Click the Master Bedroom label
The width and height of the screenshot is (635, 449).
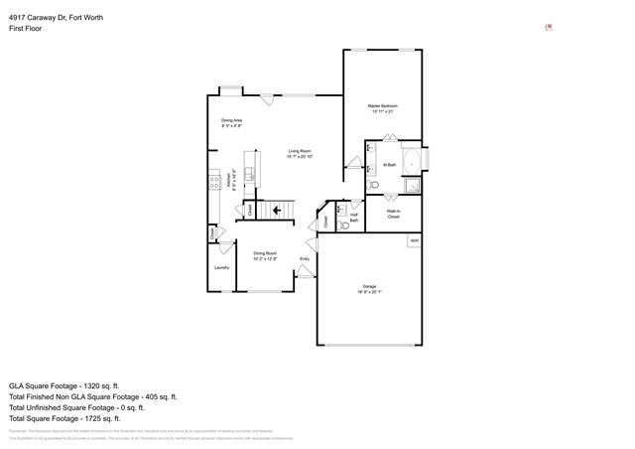click(x=383, y=108)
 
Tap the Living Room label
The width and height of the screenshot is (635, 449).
click(x=300, y=154)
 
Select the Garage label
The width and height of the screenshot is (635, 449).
click(x=368, y=289)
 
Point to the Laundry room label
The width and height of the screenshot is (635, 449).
click(x=221, y=267)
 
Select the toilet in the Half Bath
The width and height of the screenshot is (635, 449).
click(x=343, y=225)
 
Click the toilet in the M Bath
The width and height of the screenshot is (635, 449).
click(x=373, y=185)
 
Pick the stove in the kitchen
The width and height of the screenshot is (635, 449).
click(x=212, y=182)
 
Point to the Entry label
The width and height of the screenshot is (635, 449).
click(x=305, y=260)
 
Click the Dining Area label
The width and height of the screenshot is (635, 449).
click(x=232, y=123)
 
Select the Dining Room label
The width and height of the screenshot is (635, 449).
click(x=265, y=255)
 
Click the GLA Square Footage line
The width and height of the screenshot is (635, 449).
click(x=64, y=384)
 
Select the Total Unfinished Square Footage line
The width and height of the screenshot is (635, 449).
click(x=77, y=407)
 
